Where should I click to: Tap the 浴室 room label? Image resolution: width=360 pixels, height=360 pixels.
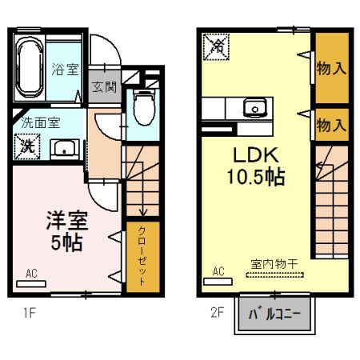66,69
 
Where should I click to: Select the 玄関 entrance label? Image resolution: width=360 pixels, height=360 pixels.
103,86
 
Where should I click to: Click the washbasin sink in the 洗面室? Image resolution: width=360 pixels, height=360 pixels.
63,147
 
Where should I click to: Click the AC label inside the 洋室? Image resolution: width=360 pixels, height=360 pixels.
31,274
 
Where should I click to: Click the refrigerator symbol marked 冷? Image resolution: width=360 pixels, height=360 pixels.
215,47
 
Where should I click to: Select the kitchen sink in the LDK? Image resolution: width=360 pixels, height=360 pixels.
255,107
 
